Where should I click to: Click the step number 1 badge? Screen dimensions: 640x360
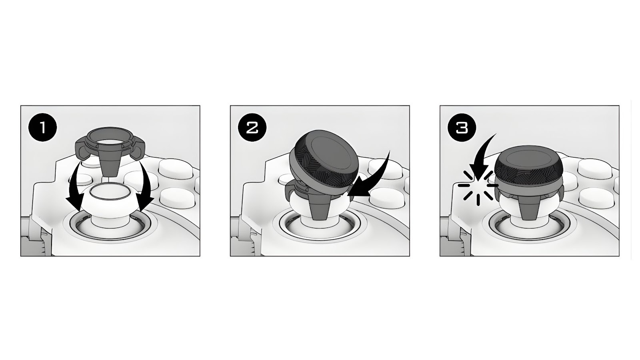coord(43,128)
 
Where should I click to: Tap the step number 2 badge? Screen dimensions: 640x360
coord(252,128)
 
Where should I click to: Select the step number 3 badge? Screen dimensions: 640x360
coord(462,128)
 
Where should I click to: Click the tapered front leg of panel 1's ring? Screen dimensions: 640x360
coord(110,166)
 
